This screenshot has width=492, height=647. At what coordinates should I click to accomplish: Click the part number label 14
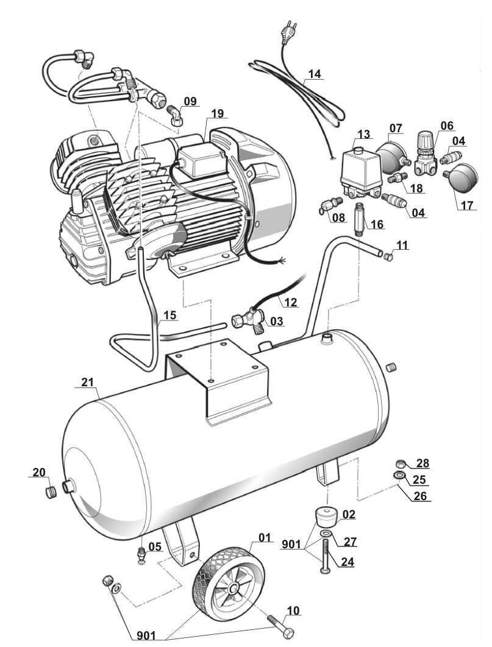[315, 74]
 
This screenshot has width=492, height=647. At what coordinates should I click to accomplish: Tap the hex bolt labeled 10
[280, 625]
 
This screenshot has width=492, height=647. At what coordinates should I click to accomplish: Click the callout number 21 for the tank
[88, 383]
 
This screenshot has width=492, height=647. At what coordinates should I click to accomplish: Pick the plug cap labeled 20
[51, 492]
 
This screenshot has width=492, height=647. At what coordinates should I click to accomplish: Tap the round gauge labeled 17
[462, 175]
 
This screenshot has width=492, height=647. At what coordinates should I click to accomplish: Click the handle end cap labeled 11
[388, 257]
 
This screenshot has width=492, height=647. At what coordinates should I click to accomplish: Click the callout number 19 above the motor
[217, 113]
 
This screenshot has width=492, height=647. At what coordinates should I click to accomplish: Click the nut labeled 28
[399, 463]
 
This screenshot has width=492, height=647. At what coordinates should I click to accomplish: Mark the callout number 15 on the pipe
[169, 316]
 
